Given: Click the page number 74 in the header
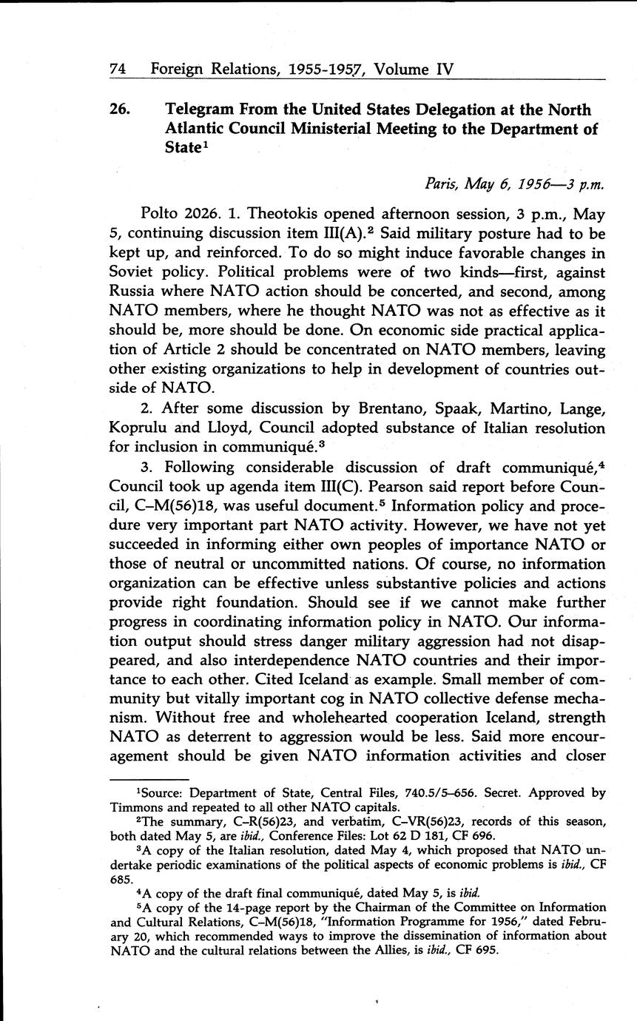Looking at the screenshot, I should pos(118,70).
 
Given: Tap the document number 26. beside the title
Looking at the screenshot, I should pos(121,110).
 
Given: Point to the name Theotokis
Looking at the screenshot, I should pos(277,215).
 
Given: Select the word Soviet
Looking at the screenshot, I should pos(136,273).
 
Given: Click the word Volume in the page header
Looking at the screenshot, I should pos(403,70).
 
